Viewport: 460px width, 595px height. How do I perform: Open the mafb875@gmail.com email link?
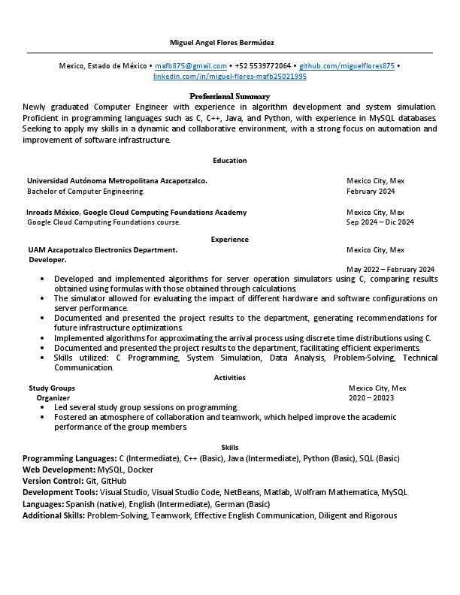(x=191, y=66)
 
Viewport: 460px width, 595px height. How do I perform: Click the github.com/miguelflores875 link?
(x=347, y=66)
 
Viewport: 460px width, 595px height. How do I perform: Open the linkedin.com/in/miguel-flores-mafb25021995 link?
(x=230, y=77)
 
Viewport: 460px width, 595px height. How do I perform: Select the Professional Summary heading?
(x=229, y=96)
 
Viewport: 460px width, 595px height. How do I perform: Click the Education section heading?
(x=229, y=160)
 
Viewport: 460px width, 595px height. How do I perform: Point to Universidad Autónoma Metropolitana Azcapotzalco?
(x=117, y=180)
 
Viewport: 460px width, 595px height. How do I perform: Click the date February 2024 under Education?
(x=371, y=192)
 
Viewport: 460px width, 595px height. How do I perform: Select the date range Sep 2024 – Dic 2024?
(x=380, y=222)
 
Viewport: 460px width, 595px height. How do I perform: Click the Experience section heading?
(x=229, y=239)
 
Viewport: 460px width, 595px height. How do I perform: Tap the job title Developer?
(x=47, y=260)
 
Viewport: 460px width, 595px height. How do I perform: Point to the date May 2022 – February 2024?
(x=390, y=270)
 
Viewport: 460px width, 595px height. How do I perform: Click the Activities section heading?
(x=229, y=377)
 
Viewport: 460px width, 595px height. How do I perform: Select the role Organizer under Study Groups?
(x=53, y=397)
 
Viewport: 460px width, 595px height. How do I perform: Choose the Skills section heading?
(x=229, y=447)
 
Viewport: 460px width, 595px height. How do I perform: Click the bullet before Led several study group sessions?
(x=42, y=407)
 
